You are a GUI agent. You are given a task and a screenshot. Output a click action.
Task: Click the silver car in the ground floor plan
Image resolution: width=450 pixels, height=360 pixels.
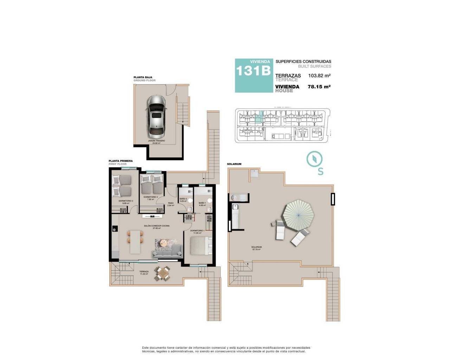[x=156, y=116]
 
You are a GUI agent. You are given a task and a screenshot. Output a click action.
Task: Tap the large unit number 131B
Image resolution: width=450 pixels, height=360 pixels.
[x=253, y=71]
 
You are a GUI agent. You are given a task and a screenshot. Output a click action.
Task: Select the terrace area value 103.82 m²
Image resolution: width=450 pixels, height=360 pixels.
[x=319, y=76]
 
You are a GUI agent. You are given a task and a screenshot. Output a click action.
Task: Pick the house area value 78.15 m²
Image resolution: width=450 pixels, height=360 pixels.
[x=319, y=86]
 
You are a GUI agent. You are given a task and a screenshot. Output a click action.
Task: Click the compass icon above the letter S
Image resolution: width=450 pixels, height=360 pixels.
[x=314, y=159]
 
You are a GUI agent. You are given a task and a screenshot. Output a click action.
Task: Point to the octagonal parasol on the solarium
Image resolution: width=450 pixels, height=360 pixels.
[x=298, y=215]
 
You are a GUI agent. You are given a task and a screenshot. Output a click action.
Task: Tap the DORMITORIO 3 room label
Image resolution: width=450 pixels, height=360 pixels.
[x=126, y=201]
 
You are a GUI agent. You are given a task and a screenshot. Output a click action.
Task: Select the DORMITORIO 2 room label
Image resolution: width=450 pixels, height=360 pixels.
[x=150, y=197]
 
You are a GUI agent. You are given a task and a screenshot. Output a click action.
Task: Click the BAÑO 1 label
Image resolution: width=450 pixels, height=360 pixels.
[x=202, y=203]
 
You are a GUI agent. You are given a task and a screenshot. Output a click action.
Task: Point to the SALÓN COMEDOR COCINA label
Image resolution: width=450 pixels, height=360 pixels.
[x=156, y=226]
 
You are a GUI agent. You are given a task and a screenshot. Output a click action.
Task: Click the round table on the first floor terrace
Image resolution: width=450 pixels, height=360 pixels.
[x=163, y=273]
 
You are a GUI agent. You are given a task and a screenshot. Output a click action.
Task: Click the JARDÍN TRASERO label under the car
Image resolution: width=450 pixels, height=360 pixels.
[x=156, y=141]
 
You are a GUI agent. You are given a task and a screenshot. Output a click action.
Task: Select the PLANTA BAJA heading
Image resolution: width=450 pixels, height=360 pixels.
[x=143, y=77]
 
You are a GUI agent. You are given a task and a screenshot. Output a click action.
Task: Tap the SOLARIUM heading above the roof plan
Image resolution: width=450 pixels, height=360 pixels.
[x=234, y=164]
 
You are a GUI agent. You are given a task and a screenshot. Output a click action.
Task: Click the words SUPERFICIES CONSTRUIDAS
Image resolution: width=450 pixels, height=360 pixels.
[x=303, y=62]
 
